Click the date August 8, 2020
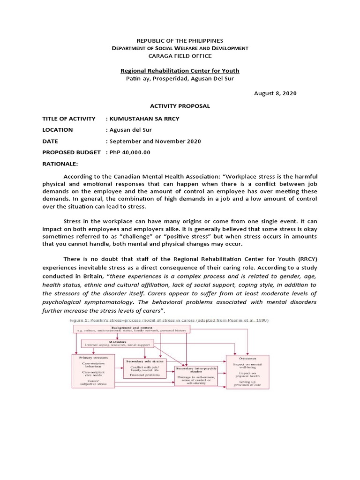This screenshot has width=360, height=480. pos(275,93)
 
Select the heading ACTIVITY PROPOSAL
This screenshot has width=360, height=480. pos(180,106)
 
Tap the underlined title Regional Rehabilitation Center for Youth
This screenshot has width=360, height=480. pos(180,71)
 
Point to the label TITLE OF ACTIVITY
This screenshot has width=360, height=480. pos(68,119)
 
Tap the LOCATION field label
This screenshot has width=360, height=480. pos(58,130)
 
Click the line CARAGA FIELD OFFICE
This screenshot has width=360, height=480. pos(180,56)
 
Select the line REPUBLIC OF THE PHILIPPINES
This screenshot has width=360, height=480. pos(180,41)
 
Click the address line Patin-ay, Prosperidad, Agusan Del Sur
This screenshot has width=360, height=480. pos(180,78)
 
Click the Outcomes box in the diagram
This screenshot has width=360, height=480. pos(248,371)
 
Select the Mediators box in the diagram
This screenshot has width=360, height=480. pos(117,344)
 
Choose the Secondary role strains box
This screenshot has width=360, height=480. pos(145,368)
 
